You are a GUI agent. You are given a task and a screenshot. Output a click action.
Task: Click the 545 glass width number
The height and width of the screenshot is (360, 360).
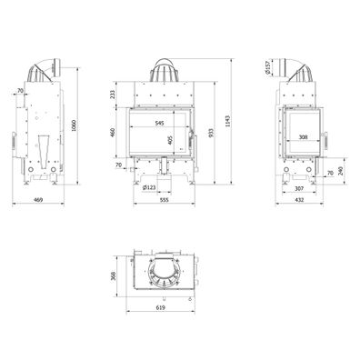[x=159, y=123]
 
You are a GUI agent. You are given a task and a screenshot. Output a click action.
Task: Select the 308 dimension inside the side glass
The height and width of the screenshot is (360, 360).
[x=302, y=137]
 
